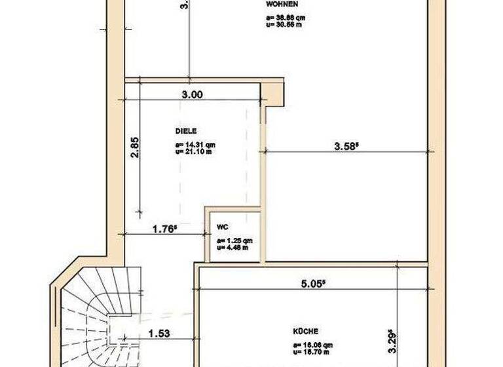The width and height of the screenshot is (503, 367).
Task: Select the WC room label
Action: tap(222, 227)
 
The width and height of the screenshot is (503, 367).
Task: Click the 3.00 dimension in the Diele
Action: tap(192, 94)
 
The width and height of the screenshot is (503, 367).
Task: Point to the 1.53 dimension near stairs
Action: tap(159, 334)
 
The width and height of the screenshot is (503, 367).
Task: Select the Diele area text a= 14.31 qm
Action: tap(195, 145)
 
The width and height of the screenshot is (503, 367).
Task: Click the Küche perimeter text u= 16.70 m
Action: tap(312, 351)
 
